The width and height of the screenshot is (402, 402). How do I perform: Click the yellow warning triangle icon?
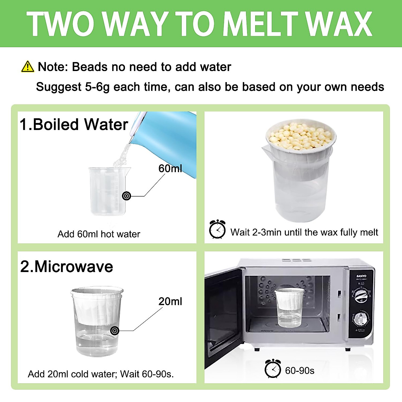click(x=27, y=67)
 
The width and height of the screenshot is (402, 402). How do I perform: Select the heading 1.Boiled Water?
click(x=74, y=125)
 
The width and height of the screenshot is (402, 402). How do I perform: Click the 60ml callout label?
click(x=170, y=169)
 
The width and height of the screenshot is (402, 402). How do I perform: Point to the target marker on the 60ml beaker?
click(x=127, y=196)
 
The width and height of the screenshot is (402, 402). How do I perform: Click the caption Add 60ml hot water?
click(x=99, y=234)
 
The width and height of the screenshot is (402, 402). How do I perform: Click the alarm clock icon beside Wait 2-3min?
click(x=217, y=229)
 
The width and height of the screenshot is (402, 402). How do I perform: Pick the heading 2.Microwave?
click(x=67, y=267)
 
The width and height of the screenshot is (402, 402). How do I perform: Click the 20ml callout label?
click(x=170, y=301)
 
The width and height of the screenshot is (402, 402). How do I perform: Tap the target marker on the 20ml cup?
click(x=115, y=331)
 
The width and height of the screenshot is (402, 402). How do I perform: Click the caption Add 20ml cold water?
click(x=100, y=374)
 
